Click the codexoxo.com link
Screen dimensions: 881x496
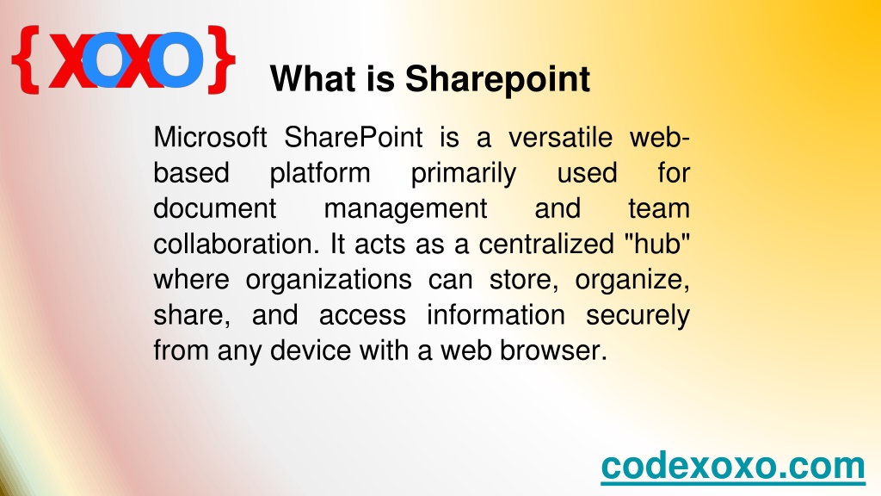[x=733, y=466]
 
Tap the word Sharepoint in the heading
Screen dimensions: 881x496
[x=497, y=79]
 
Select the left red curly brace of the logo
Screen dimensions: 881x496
[x=26, y=59]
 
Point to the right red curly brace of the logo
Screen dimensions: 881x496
[x=221, y=59]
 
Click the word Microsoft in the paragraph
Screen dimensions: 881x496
[x=210, y=137]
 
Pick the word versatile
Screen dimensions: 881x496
[x=560, y=137]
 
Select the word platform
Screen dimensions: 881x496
[x=320, y=173]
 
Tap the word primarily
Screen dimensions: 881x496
[x=464, y=173]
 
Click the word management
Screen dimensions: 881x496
[x=406, y=209]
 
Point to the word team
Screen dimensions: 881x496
[x=658, y=208]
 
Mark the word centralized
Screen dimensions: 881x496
[x=546, y=244]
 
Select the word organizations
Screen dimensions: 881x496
[x=329, y=280]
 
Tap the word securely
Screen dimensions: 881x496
[x=638, y=315]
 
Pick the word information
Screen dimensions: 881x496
[x=496, y=315]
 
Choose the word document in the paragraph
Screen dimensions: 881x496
[x=214, y=208]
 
